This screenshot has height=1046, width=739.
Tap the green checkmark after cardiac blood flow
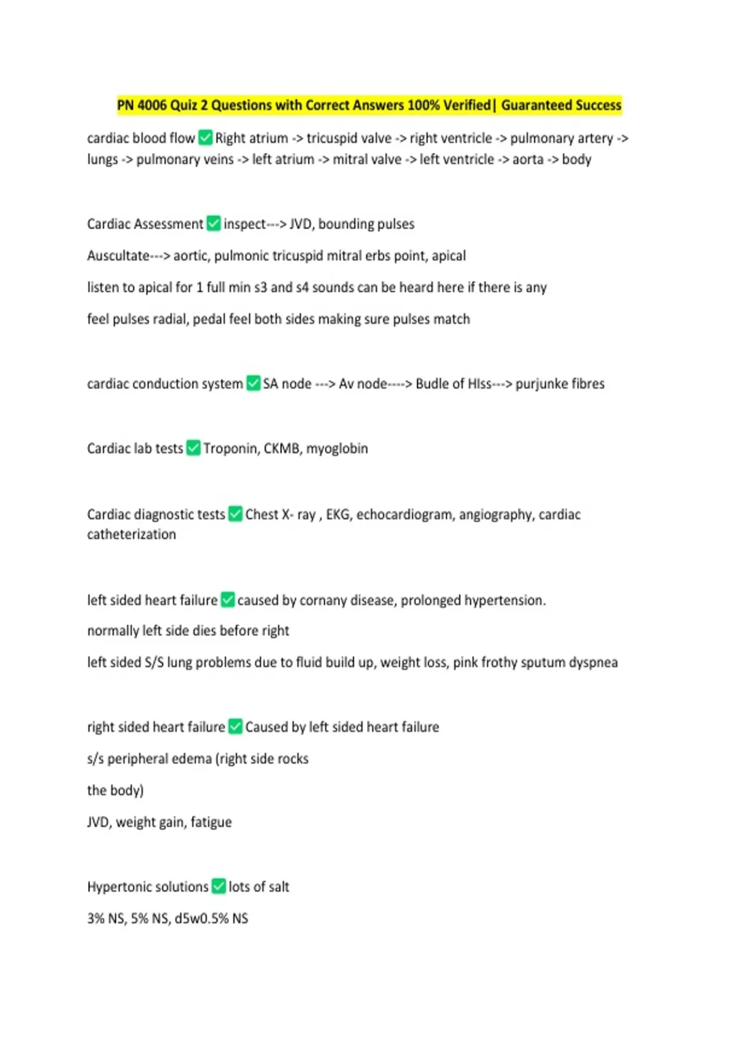[x=206, y=138]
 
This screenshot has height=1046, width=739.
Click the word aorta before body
[x=528, y=159]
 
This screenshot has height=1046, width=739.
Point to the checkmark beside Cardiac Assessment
[x=214, y=223]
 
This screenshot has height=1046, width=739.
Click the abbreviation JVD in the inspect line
[x=301, y=224]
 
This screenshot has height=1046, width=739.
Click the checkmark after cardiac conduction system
[x=253, y=383]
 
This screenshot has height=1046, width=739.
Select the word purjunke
[x=541, y=384]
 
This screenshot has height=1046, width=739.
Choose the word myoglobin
[x=337, y=449]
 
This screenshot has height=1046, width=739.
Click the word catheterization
[x=131, y=534]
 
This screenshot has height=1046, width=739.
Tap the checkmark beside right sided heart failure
[x=235, y=727]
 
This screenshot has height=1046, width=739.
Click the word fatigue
[x=211, y=822]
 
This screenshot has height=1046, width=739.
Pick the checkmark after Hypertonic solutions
[x=219, y=886]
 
